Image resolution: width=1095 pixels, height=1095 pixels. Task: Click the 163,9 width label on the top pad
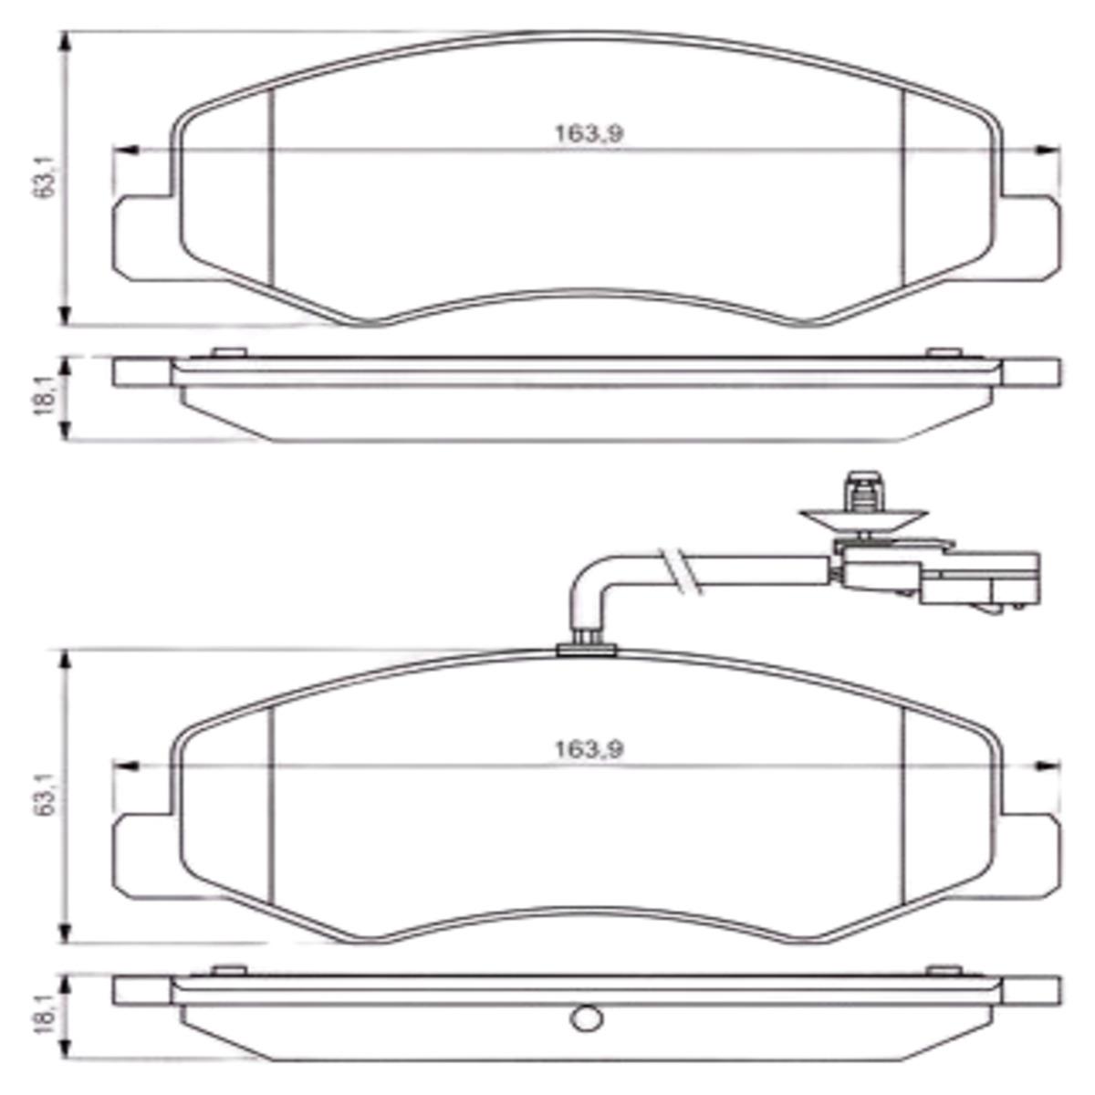click(x=589, y=134)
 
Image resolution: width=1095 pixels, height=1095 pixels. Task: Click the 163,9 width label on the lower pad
click(x=589, y=750)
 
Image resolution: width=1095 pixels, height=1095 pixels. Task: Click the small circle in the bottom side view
click(x=585, y=1017)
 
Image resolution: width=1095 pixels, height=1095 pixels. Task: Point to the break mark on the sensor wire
click(x=680, y=571)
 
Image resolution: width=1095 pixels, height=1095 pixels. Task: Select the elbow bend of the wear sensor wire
click(x=591, y=585)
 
